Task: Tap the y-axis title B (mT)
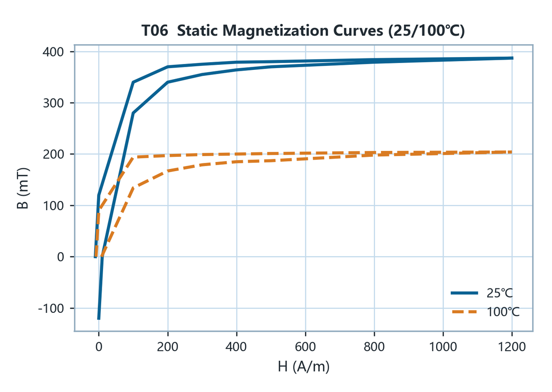[23, 188]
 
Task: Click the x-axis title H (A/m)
[304, 366]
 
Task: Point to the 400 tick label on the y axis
[53, 52]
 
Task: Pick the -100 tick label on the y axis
[51, 308]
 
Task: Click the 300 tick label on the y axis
[53, 104]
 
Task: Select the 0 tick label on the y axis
[61, 257]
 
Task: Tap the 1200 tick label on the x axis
[512, 347]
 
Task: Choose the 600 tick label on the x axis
[305, 347]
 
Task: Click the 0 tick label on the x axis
[99, 347]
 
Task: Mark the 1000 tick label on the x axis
[443, 347]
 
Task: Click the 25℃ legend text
[500, 293]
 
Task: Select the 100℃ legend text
[503, 312]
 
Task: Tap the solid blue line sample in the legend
[464, 293]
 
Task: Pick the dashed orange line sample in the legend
[464, 312]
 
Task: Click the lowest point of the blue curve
[99, 319]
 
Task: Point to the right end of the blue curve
[512, 58]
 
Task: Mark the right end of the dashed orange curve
[512, 152]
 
